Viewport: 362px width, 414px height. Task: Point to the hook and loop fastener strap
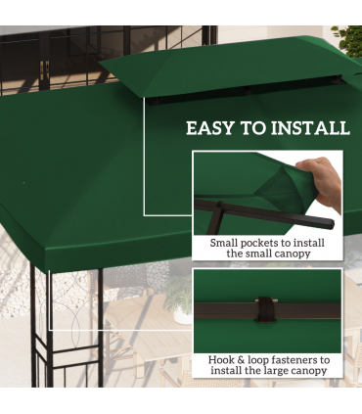point(264,309)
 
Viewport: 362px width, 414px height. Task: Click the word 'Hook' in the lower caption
point(224,359)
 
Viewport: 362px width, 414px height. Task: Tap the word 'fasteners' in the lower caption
point(297,359)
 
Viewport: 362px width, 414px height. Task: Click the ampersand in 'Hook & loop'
point(247,359)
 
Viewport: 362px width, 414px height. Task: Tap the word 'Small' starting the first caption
point(227,242)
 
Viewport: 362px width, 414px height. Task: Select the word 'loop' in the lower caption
point(263,359)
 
